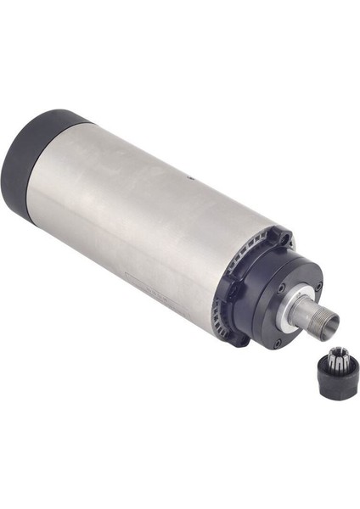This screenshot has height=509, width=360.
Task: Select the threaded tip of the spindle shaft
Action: (x=326, y=322)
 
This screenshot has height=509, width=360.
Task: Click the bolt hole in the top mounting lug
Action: (x=284, y=239)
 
